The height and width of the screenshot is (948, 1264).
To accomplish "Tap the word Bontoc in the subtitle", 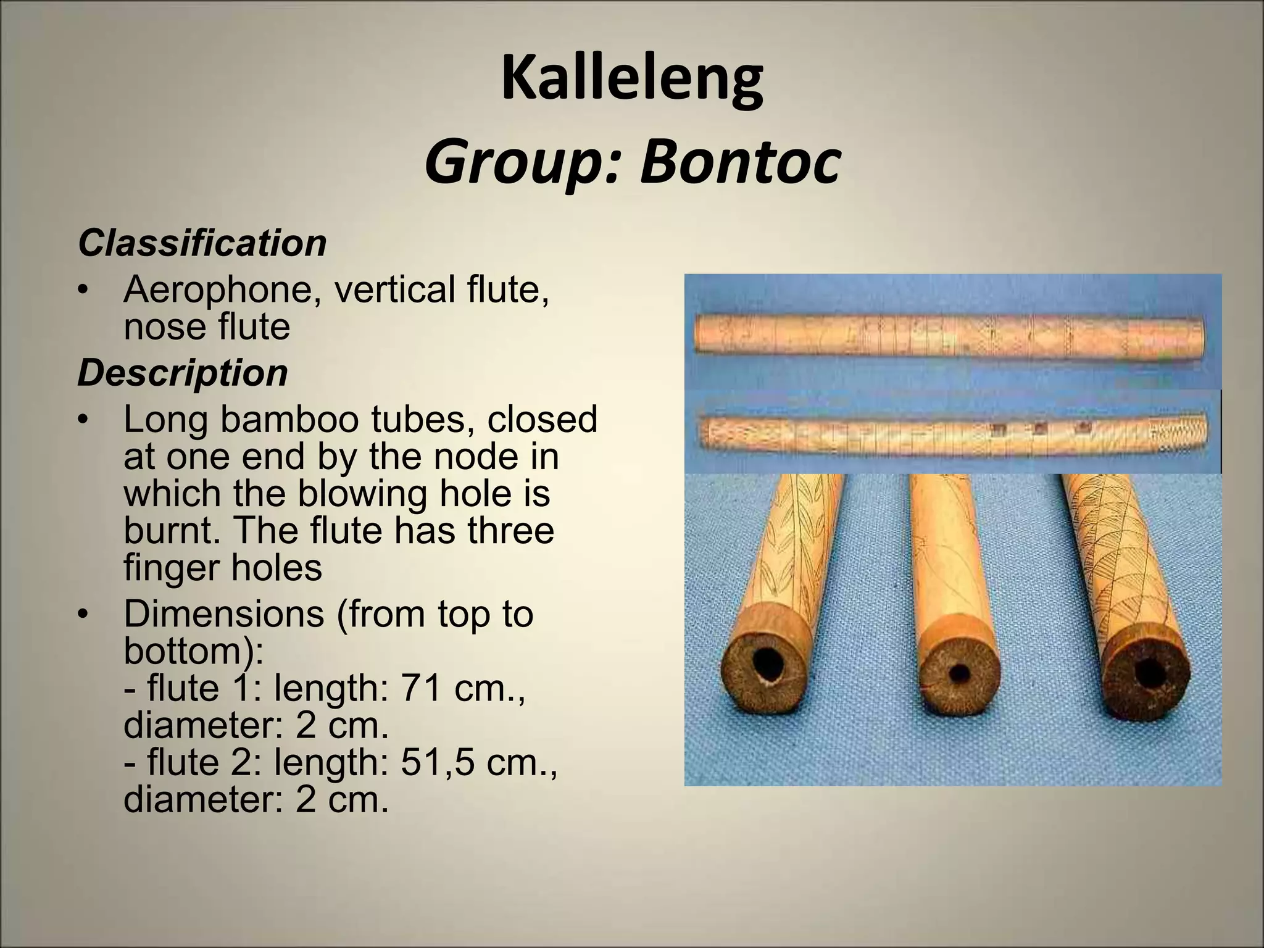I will click(x=740, y=163).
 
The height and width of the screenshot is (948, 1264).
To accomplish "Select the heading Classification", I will click(x=202, y=243).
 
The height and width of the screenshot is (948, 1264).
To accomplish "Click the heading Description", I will click(x=183, y=373).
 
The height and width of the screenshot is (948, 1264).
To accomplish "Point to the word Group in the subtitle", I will click(x=525, y=163).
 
